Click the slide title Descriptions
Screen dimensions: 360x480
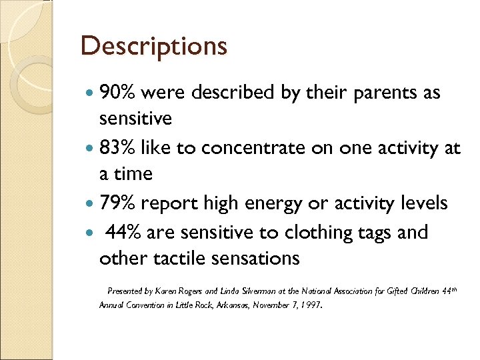(x=153, y=47)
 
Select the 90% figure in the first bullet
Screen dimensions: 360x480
(x=118, y=93)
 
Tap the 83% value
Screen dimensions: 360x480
(x=118, y=148)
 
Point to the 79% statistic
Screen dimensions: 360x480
(x=118, y=203)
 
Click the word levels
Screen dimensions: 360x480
(x=420, y=203)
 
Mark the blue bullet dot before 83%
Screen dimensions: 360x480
(x=90, y=149)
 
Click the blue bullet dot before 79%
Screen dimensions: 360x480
(x=90, y=203)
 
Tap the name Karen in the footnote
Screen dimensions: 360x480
(x=165, y=291)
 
